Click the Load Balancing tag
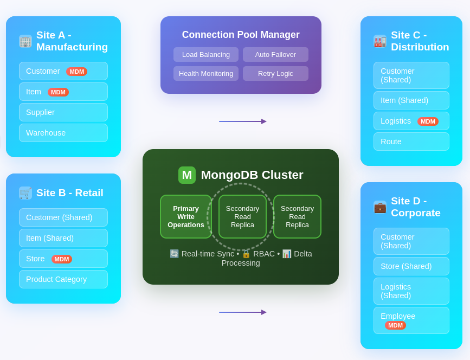coord(206,55)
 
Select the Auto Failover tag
coord(275,55)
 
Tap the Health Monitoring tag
coord(206,74)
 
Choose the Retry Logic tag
coord(275,74)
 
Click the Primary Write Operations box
coord(186,217)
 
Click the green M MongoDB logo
coord(187,175)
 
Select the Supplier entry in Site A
coord(63,112)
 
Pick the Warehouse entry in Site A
coord(63,133)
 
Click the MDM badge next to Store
coord(62,259)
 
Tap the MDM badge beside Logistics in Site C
coord(428,121)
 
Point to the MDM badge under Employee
coord(395,325)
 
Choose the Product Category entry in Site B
coord(63,279)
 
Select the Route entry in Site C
coord(411,142)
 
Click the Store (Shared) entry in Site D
coord(411,266)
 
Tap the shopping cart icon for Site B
coord(25,193)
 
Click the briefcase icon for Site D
coord(380,207)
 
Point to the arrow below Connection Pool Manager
coord(242,121)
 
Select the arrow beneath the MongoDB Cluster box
coord(242,312)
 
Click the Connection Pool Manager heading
coord(241,35)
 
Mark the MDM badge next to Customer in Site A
coord(76,72)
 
